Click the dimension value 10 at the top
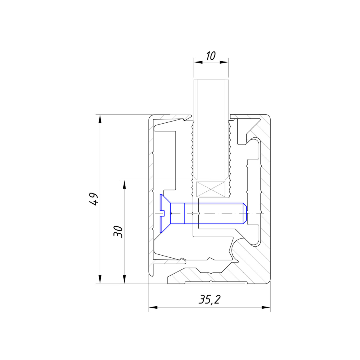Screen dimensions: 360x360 point(211,56)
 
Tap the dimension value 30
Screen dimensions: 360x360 point(118,232)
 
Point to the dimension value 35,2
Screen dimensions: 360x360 point(209,299)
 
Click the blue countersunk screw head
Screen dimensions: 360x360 point(165,213)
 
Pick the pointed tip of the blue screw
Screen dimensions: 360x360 point(246,213)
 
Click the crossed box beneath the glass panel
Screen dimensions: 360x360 point(211,189)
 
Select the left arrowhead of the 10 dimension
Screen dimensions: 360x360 point(198,62)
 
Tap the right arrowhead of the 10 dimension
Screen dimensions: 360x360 point(224,62)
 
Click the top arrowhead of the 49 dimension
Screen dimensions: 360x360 point(100,119)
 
